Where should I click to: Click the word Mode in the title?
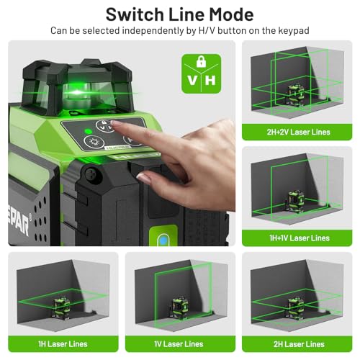231,14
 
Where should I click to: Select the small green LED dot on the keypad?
86,131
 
